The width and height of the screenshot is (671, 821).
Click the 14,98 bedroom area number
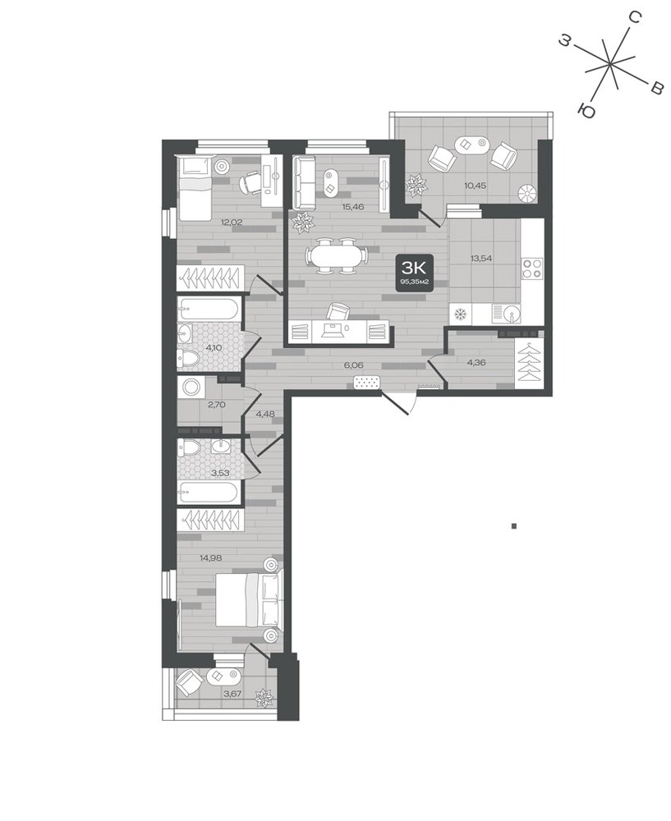(x=210, y=557)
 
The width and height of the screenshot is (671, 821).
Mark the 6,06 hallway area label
(x=354, y=365)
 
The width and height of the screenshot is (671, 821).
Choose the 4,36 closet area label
(x=476, y=362)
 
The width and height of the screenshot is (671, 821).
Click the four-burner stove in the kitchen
(x=533, y=268)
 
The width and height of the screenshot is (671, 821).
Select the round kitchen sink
(x=511, y=314)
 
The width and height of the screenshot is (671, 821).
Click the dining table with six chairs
(x=336, y=256)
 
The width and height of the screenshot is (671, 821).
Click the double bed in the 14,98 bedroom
(x=250, y=599)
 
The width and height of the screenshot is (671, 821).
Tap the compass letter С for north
(x=634, y=18)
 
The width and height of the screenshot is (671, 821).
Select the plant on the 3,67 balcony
(x=264, y=698)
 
